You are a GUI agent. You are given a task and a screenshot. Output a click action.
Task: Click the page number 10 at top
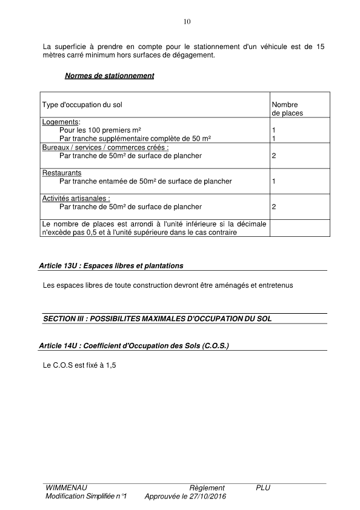click(x=187, y=22)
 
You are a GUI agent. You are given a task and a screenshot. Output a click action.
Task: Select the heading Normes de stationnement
click(x=109, y=76)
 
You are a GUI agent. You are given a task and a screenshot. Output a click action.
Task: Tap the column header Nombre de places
click(x=287, y=108)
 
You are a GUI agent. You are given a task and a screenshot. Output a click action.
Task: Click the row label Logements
click(x=61, y=122)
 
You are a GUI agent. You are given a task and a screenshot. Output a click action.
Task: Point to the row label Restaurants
click(x=62, y=173)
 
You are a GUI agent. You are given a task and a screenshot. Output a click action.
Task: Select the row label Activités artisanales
click(x=76, y=198)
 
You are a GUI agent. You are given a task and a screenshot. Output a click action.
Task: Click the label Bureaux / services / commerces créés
click(x=105, y=147)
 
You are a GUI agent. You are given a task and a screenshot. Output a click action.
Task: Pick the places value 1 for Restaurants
click(x=274, y=181)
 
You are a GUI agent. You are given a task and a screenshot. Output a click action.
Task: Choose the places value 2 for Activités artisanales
click(x=274, y=207)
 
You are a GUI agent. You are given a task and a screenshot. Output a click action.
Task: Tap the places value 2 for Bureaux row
click(x=274, y=156)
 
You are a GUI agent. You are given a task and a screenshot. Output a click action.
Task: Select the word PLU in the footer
click(x=263, y=488)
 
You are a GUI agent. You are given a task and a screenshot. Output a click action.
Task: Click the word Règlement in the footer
click(x=207, y=488)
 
